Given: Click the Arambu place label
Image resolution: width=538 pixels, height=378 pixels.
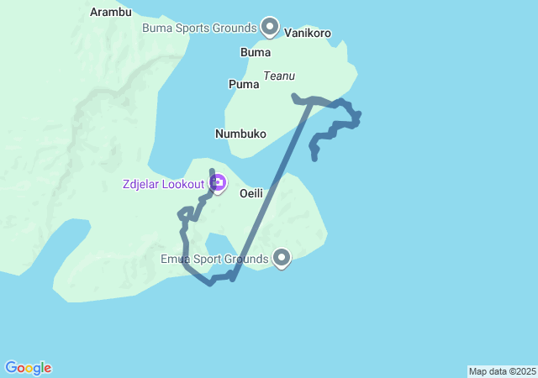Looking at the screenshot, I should [111, 12].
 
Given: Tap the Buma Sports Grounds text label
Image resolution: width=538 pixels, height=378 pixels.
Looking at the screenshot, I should [198, 27].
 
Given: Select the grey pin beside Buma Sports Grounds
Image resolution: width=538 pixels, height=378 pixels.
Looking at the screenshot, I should [270, 26].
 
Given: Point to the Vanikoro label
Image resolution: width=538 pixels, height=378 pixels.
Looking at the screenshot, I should [308, 33].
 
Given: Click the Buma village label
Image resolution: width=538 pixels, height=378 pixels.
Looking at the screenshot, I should [256, 52].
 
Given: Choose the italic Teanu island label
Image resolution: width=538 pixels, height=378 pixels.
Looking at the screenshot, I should [279, 76].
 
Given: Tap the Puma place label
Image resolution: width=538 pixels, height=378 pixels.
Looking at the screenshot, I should [244, 84].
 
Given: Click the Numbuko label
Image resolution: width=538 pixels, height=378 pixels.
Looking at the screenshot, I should [240, 134].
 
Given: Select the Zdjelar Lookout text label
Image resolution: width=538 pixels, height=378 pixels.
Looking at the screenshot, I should [163, 184].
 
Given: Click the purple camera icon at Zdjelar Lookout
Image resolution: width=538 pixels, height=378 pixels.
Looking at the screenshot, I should [218, 182].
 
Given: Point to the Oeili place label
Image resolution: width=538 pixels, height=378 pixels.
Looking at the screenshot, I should [251, 193].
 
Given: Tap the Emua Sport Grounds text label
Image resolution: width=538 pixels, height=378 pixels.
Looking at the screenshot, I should [214, 259].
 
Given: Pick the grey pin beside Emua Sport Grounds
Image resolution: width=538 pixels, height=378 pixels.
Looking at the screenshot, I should [282, 258].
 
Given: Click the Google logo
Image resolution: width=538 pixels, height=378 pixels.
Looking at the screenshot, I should [28, 368].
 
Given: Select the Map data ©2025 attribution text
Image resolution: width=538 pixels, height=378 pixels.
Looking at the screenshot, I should [502, 371].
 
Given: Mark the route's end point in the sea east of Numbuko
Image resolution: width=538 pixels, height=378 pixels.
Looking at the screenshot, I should [314, 158].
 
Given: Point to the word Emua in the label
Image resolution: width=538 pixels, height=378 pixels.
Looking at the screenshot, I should [175, 259].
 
